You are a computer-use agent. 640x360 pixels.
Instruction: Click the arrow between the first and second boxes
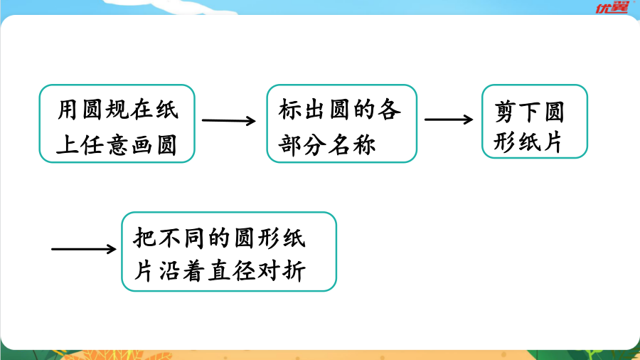click(x=228, y=120)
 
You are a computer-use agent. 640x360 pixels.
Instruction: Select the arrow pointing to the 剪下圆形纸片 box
click(x=449, y=120)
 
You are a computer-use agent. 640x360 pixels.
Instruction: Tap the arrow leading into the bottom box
click(x=84, y=248)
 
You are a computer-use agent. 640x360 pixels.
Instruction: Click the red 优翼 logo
click(x=612, y=7)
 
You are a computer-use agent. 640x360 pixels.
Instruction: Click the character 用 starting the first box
click(x=67, y=110)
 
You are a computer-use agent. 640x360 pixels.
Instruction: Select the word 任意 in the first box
click(x=106, y=145)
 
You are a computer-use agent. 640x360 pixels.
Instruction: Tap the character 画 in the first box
click(x=142, y=145)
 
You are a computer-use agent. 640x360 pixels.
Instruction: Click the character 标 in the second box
click(x=290, y=110)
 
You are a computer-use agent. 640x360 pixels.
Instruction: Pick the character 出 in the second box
click(x=315, y=110)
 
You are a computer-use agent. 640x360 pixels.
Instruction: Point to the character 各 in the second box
click(x=389, y=110)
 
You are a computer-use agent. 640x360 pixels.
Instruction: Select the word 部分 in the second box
click(x=302, y=145)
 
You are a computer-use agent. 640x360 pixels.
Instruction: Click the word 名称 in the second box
click(x=352, y=145)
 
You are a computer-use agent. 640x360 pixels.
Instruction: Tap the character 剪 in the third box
click(x=505, y=112)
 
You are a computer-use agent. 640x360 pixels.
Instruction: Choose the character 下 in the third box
click(x=530, y=112)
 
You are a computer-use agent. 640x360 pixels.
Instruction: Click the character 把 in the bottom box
click(x=144, y=238)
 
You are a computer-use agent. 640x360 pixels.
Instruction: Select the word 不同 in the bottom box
click(x=181, y=238)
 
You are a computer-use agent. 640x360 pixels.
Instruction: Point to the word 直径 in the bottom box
click(x=232, y=271)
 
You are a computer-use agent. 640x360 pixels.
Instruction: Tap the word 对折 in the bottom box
click(x=281, y=271)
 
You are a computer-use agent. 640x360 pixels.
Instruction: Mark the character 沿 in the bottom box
click(x=169, y=271)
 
